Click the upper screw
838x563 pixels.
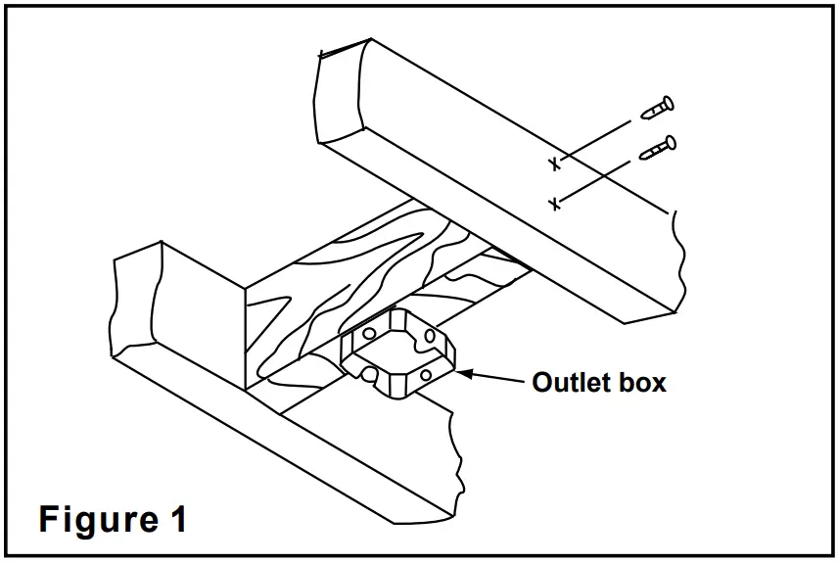tap(656, 109)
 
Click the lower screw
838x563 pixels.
tap(657, 148)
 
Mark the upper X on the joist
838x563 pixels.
tap(555, 163)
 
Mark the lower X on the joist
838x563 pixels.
tap(555, 204)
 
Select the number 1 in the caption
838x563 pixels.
tap(175, 518)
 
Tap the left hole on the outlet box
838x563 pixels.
tap(368, 334)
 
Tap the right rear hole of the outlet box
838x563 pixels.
tap(428, 337)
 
